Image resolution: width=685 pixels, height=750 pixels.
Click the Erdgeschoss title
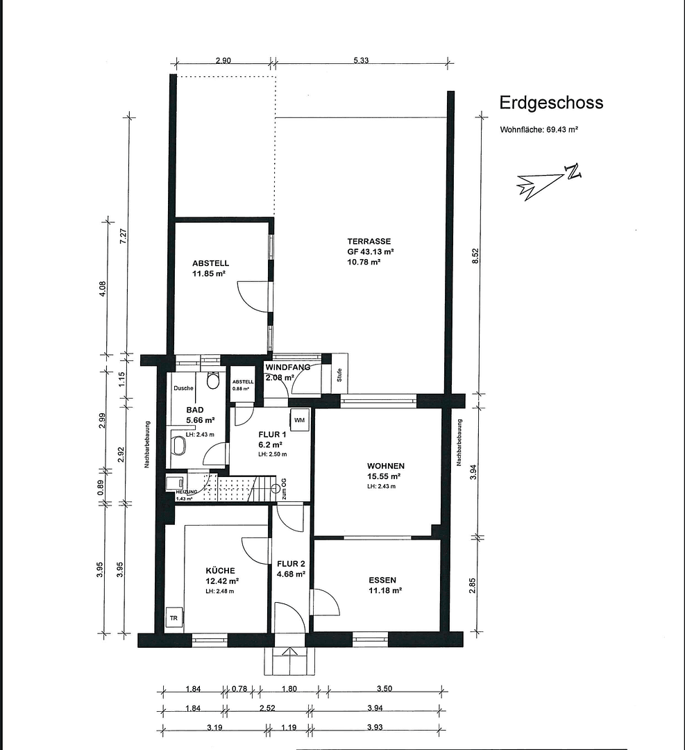[x=551, y=103]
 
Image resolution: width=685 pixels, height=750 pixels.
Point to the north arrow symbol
[x=548, y=182]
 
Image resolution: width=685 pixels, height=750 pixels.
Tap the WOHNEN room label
[x=386, y=466]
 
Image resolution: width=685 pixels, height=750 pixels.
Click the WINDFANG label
[x=287, y=367]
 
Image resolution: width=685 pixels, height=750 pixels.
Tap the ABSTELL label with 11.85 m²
[x=210, y=264]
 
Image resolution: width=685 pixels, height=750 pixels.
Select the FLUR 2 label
[x=291, y=563]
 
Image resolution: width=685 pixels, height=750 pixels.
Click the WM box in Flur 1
[x=299, y=421]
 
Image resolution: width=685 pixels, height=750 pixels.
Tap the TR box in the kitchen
[x=173, y=617]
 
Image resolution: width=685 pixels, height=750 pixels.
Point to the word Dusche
[x=184, y=388]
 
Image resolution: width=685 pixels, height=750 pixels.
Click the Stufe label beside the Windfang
[x=339, y=375]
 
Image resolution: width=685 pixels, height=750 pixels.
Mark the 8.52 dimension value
[x=476, y=255]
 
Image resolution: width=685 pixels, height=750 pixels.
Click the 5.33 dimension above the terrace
[x=360, y=61]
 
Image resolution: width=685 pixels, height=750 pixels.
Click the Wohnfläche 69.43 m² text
[x=539, y=130]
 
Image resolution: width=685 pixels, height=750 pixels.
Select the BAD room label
[x=195, y=410]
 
